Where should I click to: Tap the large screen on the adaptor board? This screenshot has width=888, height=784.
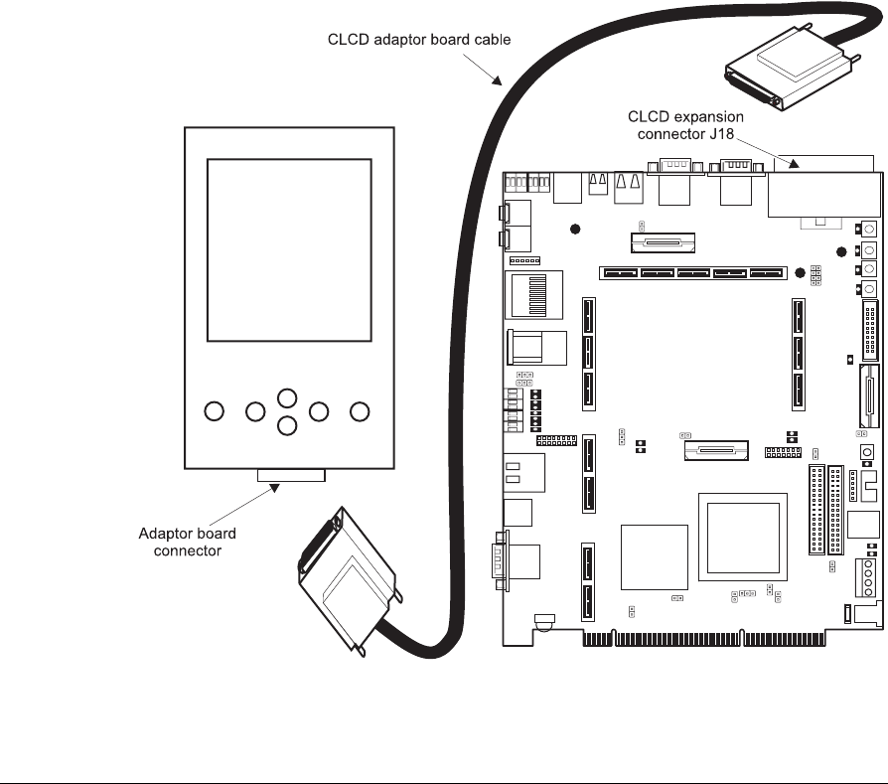[x=290, y=262]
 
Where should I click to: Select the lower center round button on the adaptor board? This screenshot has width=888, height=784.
[x=286, y=426]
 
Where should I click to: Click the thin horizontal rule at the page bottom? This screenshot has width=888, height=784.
[x=444, y=755]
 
